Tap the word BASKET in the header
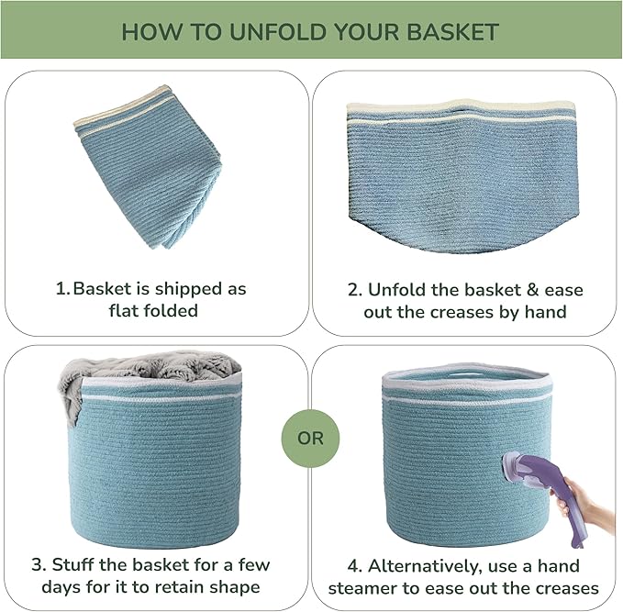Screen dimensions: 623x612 click(x=453, y=32)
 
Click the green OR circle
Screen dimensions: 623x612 click(x=310, y=439)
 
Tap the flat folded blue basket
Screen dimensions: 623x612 click(x=148, y=167)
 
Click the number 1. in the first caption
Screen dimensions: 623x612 click(x=63, y=289)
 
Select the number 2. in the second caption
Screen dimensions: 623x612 click(x=355, y=290)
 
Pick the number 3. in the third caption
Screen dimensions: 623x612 click(x=39, y=564)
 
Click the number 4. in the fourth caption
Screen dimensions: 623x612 click(x=354, y=566)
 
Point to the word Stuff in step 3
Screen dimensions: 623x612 click(x=72, y=564)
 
